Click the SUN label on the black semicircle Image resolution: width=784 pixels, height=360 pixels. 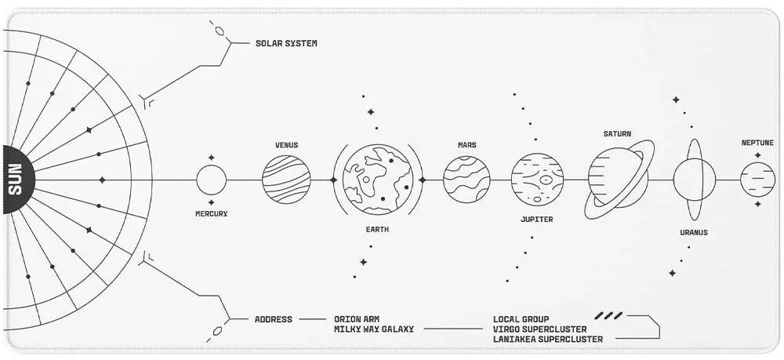[16, 180]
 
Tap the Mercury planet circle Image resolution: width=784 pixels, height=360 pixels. [211, 180]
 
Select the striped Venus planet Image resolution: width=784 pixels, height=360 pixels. [286, 180]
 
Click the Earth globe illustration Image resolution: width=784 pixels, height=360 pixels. [378, 180]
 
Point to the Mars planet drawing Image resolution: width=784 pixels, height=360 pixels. [466, 180]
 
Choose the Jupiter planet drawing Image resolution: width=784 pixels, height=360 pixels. [537, 180]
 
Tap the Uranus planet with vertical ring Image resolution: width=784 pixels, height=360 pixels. [694, 180]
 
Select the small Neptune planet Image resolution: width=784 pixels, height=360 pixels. [757, 180]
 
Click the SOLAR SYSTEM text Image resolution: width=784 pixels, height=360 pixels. [286, 43]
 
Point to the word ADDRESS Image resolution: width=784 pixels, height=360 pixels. [274, 319]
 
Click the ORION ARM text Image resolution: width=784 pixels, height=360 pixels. [358, 319]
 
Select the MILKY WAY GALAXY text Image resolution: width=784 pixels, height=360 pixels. [374, 329]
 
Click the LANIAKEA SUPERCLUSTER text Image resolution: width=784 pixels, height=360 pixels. [548, 339]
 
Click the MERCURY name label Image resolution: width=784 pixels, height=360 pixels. [211, 213]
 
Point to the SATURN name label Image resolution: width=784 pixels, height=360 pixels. [617, 134]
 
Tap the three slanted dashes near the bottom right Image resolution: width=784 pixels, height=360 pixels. [608, 315]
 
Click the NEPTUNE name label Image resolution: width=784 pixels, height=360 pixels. [757, 143]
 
